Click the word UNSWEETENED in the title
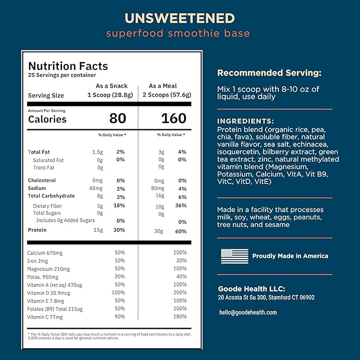(x=180, y=18)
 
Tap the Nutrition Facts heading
(x=68, y=66)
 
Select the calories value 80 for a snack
(x=118, y=118)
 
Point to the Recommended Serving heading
(x=269, y=73)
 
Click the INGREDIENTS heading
(x=245, y=121)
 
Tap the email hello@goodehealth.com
(x=248, y=312)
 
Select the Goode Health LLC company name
(x=252, y=289)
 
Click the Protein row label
(x=37, y=230)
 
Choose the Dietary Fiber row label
(x=48, y=206)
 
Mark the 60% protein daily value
(x=180, y=231)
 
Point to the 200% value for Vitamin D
(x=180, y=293)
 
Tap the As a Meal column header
(x=163, y=86)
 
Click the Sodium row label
(x=38, y=188)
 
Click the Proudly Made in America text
(x=290, y=256)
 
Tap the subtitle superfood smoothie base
(x=178, y=34)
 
